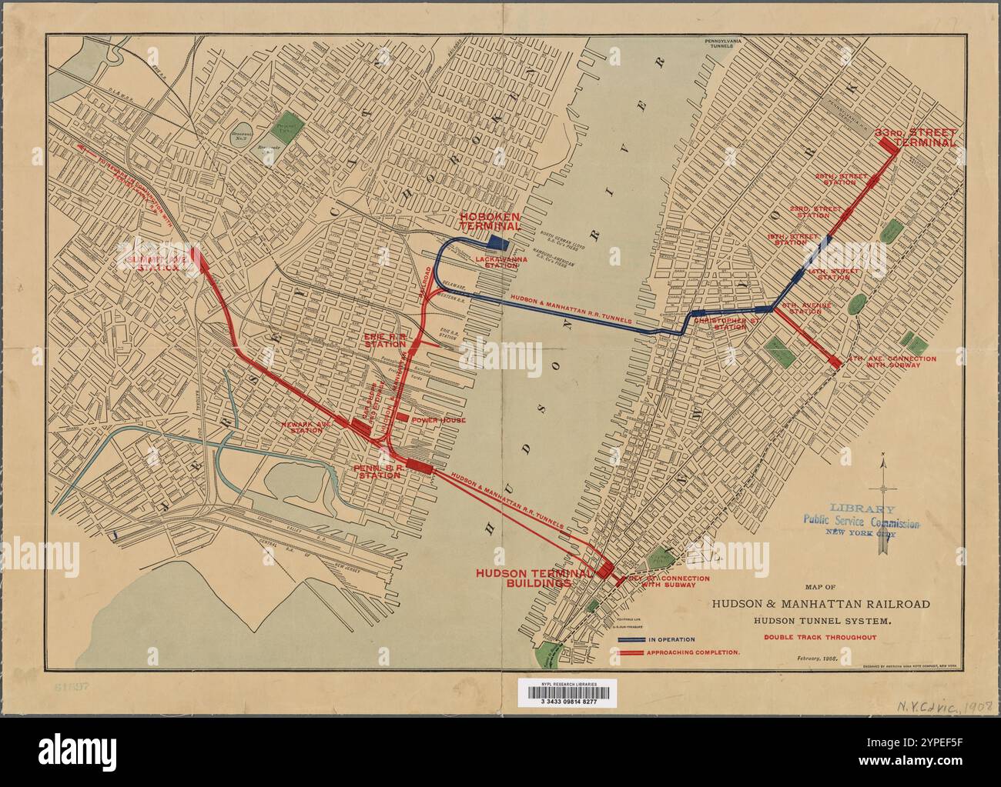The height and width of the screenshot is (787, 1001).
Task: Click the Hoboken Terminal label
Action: point(490,222)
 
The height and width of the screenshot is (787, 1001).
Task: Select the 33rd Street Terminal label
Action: point(916,138)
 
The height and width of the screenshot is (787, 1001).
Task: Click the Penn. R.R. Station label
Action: point(377,471)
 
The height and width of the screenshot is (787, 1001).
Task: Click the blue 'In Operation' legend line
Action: point(631,639)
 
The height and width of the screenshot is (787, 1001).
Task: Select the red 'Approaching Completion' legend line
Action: point(631,652)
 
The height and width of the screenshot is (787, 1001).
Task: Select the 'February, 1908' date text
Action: point(817,659)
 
